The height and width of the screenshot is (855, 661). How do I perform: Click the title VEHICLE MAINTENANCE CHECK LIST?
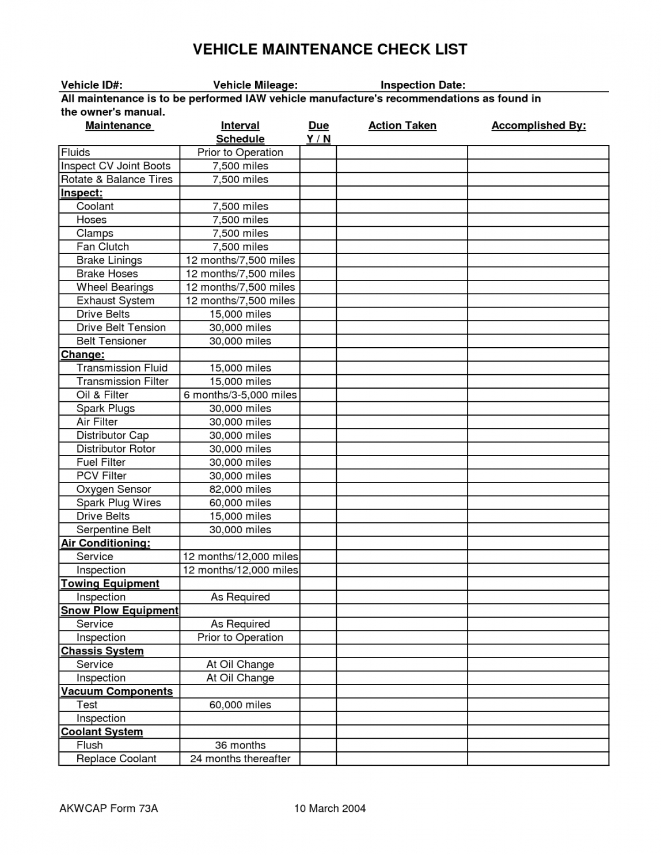tap(330, 50)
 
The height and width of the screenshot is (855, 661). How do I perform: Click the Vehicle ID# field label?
tap(92, 85)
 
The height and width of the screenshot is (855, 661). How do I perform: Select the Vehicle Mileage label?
tap(255, 85)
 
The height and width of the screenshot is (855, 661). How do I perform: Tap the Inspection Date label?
tap(423, 85)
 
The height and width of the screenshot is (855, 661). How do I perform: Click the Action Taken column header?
tap(402, 126)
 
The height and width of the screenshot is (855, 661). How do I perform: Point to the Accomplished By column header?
tap(538, 126)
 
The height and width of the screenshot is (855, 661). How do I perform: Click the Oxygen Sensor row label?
tap(113, 489)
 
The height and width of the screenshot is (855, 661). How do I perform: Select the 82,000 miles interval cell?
tap(240, 489)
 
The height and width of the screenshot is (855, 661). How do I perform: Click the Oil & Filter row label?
tap(102, 395)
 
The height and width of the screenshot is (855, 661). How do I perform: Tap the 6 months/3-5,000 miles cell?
tap(240, 395)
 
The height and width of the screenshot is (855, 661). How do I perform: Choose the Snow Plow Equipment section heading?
tap(120, 610)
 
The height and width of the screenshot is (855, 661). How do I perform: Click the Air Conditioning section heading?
tap(105, 543)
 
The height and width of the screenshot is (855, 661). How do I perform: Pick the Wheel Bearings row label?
tap(115, 287)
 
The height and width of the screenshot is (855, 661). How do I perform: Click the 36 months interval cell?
tap(240, 745)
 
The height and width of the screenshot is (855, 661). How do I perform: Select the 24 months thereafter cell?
tap(240, 759)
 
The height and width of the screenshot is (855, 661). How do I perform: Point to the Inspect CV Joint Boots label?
tap(116, 166)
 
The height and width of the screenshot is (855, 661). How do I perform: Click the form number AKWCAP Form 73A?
tap(108, 808)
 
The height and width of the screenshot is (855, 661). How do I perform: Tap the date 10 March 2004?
tap(330, 808)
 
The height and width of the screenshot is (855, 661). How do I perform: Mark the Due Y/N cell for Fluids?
tap(318, 153)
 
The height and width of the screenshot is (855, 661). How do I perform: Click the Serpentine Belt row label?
tap(113, 530)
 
